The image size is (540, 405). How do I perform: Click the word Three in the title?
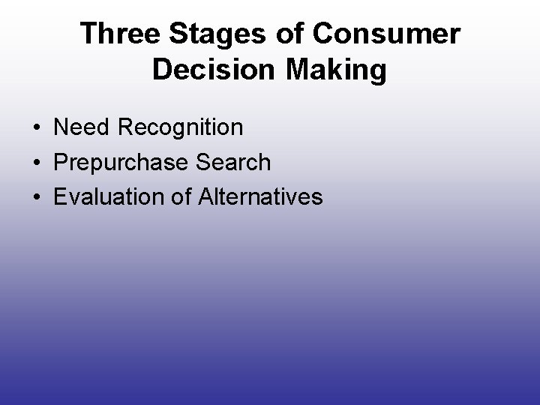120,34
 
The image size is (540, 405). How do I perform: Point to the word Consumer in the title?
389,34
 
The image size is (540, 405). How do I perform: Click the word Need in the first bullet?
81,127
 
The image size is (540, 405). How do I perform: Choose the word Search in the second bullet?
232,162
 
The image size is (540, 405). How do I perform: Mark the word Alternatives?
261,196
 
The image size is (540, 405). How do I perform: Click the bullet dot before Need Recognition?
37,128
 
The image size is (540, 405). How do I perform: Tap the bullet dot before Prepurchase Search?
37,163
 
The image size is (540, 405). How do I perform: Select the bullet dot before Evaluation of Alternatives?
37,197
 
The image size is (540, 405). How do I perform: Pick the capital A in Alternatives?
207,196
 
